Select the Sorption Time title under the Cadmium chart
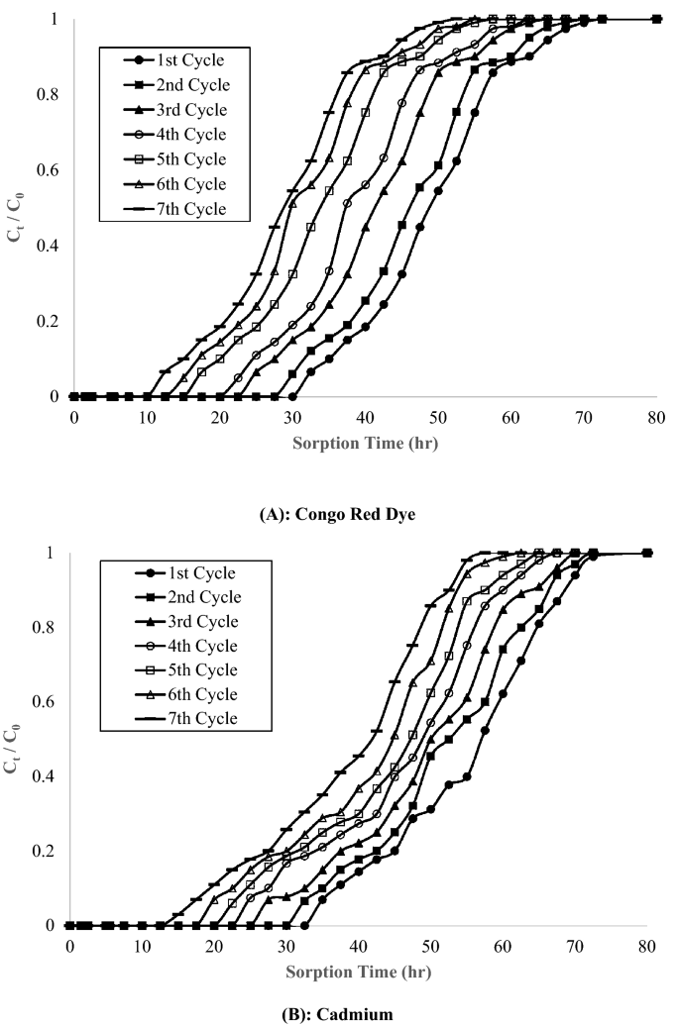359,972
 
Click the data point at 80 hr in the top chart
656,19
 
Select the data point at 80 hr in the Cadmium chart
646,553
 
